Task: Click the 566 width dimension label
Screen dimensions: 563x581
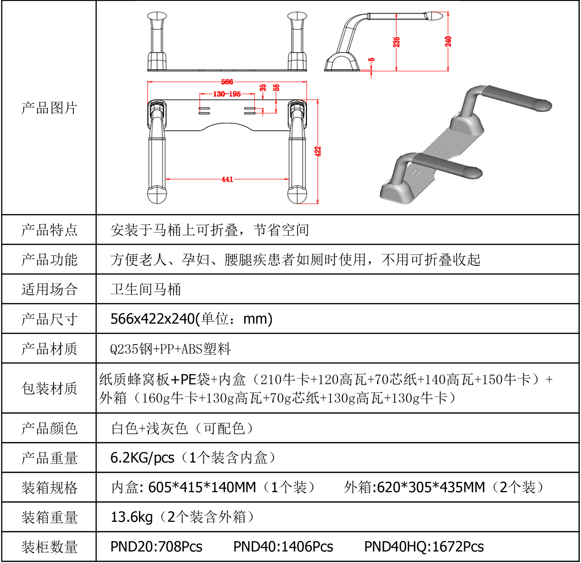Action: point(227,82)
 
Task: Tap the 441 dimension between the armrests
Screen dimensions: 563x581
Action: point(227,179)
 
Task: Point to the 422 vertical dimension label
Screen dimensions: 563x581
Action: point(317,151)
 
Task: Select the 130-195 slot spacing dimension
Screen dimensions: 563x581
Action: point(227,94)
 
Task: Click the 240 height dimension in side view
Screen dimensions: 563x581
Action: point(448,41)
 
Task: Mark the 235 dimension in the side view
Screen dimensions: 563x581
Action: point(396,42)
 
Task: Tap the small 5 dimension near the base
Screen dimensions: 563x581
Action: point(372,60)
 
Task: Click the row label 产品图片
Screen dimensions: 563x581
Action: point(49,108)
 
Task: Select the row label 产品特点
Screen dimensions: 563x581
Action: point(49,230)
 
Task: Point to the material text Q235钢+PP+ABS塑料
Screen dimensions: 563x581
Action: point(170,349)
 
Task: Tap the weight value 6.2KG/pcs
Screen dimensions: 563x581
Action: point(142,457)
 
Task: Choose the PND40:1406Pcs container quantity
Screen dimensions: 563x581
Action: point(283,547)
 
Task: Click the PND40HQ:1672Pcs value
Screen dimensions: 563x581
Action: point(424,547)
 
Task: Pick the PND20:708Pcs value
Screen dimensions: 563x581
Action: point(156,547)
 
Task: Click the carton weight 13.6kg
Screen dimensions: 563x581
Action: point(132,517)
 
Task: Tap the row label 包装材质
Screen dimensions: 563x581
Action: point(49,388)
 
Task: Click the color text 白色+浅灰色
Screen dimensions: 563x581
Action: point(150,428)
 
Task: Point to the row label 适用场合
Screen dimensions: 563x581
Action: point(49,289)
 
